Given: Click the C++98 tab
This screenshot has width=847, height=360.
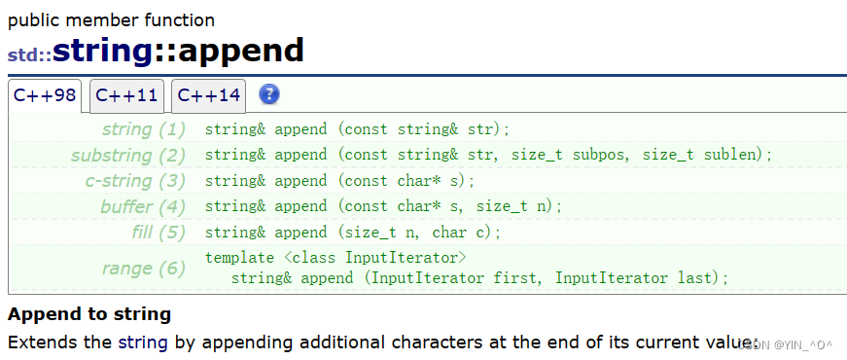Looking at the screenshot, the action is point(45,95).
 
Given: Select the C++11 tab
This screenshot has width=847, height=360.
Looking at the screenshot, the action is point(126,95).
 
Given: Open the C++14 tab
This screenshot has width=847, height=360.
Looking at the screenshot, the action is point(208,95).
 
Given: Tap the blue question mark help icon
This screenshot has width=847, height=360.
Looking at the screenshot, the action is point(269,94).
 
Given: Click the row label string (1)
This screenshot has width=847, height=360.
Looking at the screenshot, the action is point(143,129).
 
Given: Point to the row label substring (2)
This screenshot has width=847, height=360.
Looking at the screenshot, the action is point(128,156).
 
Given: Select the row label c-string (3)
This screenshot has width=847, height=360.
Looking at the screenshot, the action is point(135,181).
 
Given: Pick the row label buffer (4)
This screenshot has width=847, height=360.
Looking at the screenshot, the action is point(143,206).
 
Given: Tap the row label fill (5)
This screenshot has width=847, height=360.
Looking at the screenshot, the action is point(159,233).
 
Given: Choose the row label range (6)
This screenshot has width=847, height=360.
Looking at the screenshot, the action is point(143,269).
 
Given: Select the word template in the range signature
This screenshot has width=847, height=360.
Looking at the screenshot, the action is point(239,259).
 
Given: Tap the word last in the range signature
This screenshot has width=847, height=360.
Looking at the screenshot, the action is point(695,278).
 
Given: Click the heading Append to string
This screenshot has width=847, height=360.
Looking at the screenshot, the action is point(89,314).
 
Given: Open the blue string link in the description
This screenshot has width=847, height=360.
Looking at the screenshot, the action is point(143,342).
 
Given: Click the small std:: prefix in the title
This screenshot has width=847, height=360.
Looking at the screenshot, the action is point(30,55).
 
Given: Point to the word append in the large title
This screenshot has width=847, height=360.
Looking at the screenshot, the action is point(240,52).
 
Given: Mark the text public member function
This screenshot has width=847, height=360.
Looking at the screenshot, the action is point(111,20).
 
